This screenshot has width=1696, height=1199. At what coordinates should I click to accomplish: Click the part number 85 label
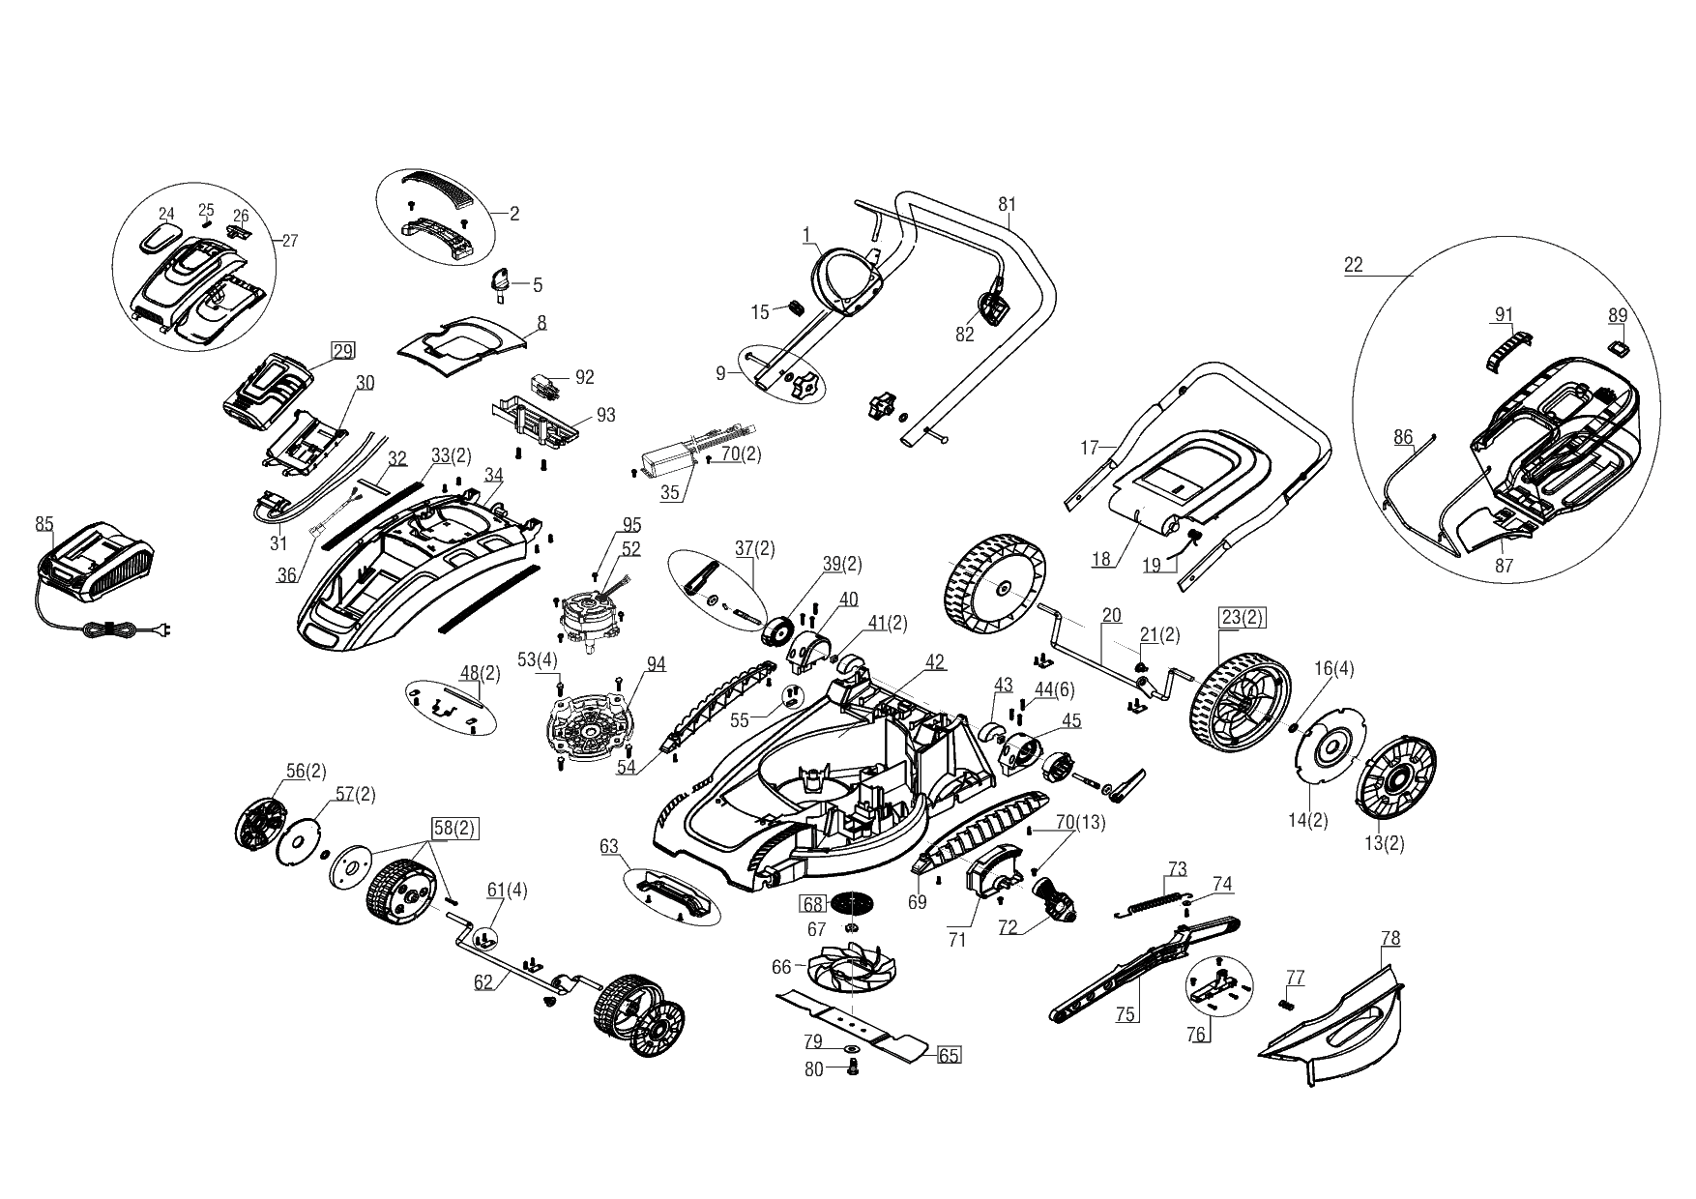(44, 524)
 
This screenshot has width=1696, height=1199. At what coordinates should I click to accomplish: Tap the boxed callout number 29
(343, 351)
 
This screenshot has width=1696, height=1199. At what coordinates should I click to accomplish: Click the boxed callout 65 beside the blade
(950, 1055)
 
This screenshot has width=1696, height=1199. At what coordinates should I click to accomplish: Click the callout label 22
(1354, 265)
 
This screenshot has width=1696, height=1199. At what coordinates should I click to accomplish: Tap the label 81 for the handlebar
(1008, 204)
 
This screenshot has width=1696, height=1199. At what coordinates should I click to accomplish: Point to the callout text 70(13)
(1080, 823)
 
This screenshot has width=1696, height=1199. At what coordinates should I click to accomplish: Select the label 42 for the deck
(934, 662)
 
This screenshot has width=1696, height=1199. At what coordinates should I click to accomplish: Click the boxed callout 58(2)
(454, 830)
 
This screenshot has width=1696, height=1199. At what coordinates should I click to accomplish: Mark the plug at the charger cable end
(165, 633)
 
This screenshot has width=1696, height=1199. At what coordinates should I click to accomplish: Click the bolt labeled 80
(854, 1067)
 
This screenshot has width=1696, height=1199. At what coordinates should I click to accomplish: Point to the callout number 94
(657, 663)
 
